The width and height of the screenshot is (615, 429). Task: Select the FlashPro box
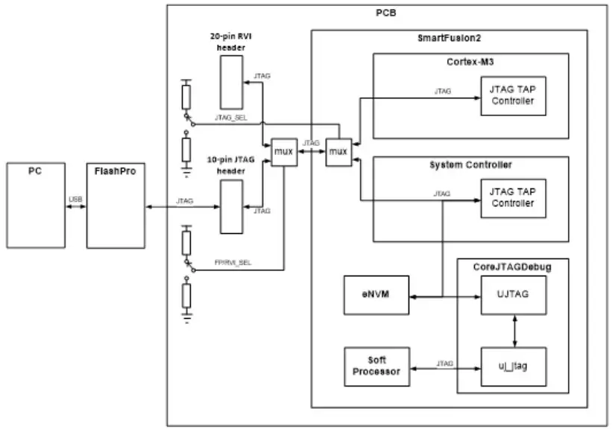click(x=116, y=204)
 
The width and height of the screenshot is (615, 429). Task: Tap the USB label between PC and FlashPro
click(x=75, y=199)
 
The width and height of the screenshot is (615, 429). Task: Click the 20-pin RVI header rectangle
click(x=231, y=81)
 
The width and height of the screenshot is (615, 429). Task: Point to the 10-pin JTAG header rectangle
click(x=231, y=206)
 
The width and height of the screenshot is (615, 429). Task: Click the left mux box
click(x=283, y=151)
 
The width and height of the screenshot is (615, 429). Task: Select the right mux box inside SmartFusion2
click(x=338, y=151)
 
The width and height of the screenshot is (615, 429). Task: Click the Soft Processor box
click(x=377, y=366)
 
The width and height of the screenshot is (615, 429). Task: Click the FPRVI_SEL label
click(x=232, y=262)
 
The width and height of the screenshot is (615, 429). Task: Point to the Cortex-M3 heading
click(x=470, y=60)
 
